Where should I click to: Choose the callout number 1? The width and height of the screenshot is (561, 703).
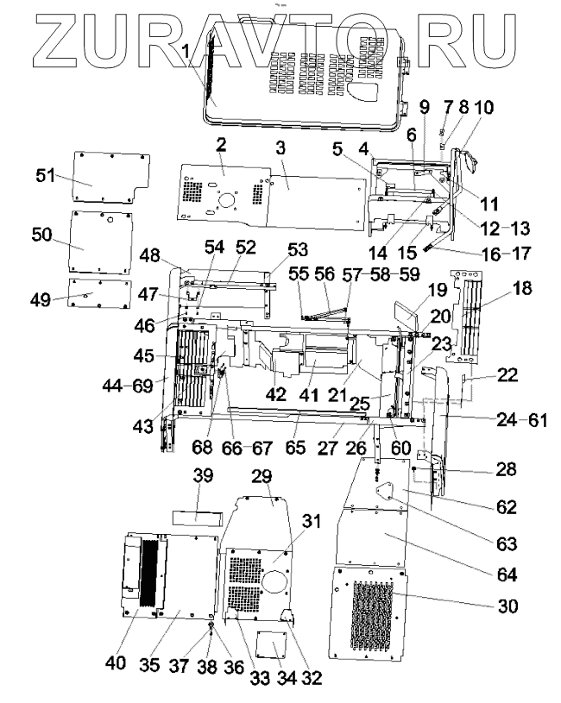185,53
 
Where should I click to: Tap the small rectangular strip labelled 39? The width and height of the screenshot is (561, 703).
198,518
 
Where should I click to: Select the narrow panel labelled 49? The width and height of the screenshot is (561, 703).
98,293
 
